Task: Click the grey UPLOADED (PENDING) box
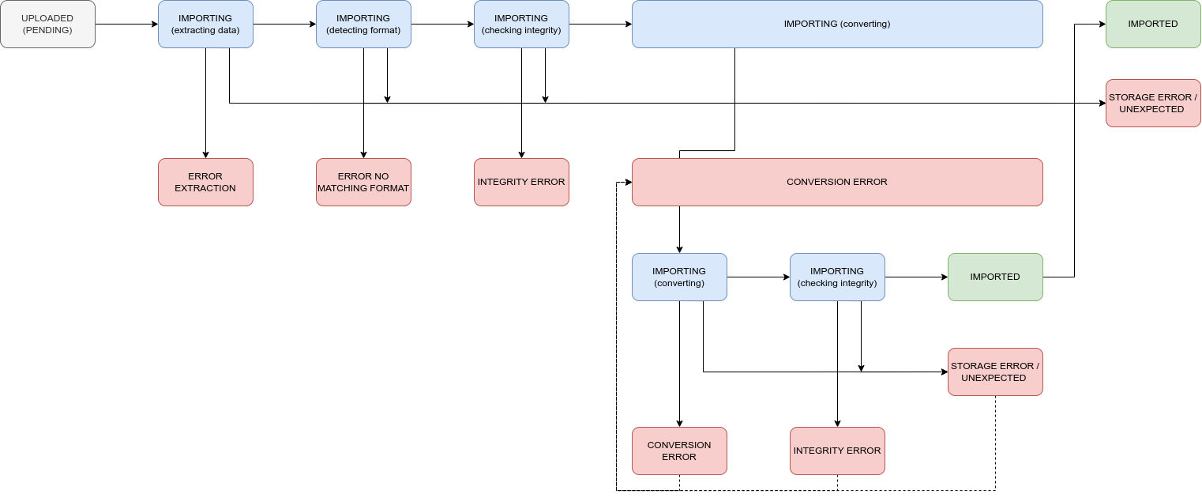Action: [x=47, y=24]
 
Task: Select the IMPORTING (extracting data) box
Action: [x=205, y=24]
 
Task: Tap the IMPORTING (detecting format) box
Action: [x=363, y=24]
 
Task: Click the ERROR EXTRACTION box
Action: [x=205, y=182]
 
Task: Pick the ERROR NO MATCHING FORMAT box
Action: [x=363, y=182]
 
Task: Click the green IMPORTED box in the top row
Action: [x=1153, y=24]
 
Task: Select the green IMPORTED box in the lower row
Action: [x=995, y=277]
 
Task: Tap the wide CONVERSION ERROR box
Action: [x=837, y=182]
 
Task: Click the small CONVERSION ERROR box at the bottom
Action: [x=679, y=451]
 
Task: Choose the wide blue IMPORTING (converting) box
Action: [x=837, y=24]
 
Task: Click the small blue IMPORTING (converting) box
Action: [x=679, y=277]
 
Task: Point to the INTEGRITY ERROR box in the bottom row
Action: [x=837, y=451]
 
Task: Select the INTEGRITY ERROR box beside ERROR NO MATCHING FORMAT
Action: [x=521, y=182]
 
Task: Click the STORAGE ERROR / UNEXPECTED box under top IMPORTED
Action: [x=1153, y=103]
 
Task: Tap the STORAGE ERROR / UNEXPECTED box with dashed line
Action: [x=995, y=372]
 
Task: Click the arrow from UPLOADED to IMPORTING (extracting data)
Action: [x=126, y=24]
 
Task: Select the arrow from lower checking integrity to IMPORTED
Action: [x=916, y=277]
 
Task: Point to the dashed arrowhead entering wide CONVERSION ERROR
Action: [x=628, y=182]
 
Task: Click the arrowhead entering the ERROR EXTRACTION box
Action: [x=205, y=154]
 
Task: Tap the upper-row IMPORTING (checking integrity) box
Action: [x=521, y=24]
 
